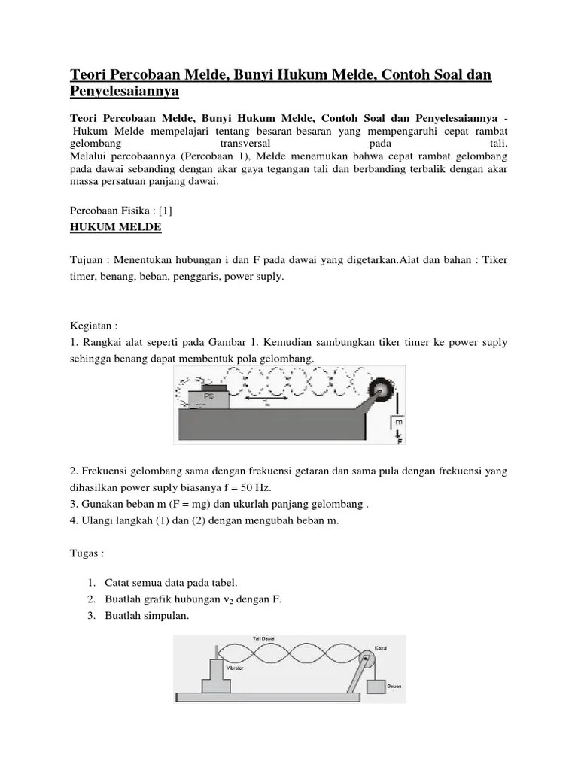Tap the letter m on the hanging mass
399,421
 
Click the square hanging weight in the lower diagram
376,684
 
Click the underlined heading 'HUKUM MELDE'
115,226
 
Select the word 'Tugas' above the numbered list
84,553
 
